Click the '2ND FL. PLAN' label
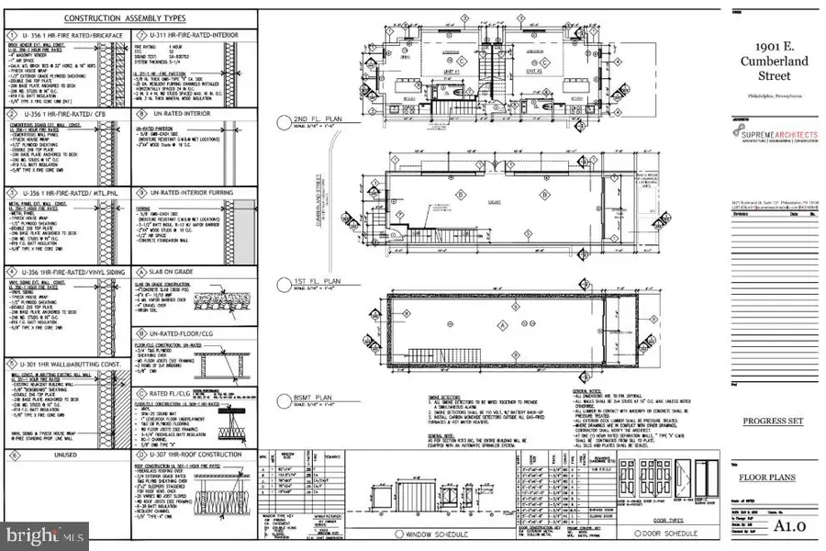(x=318, y=120)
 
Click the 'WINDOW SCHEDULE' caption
(x=430, y=534)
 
